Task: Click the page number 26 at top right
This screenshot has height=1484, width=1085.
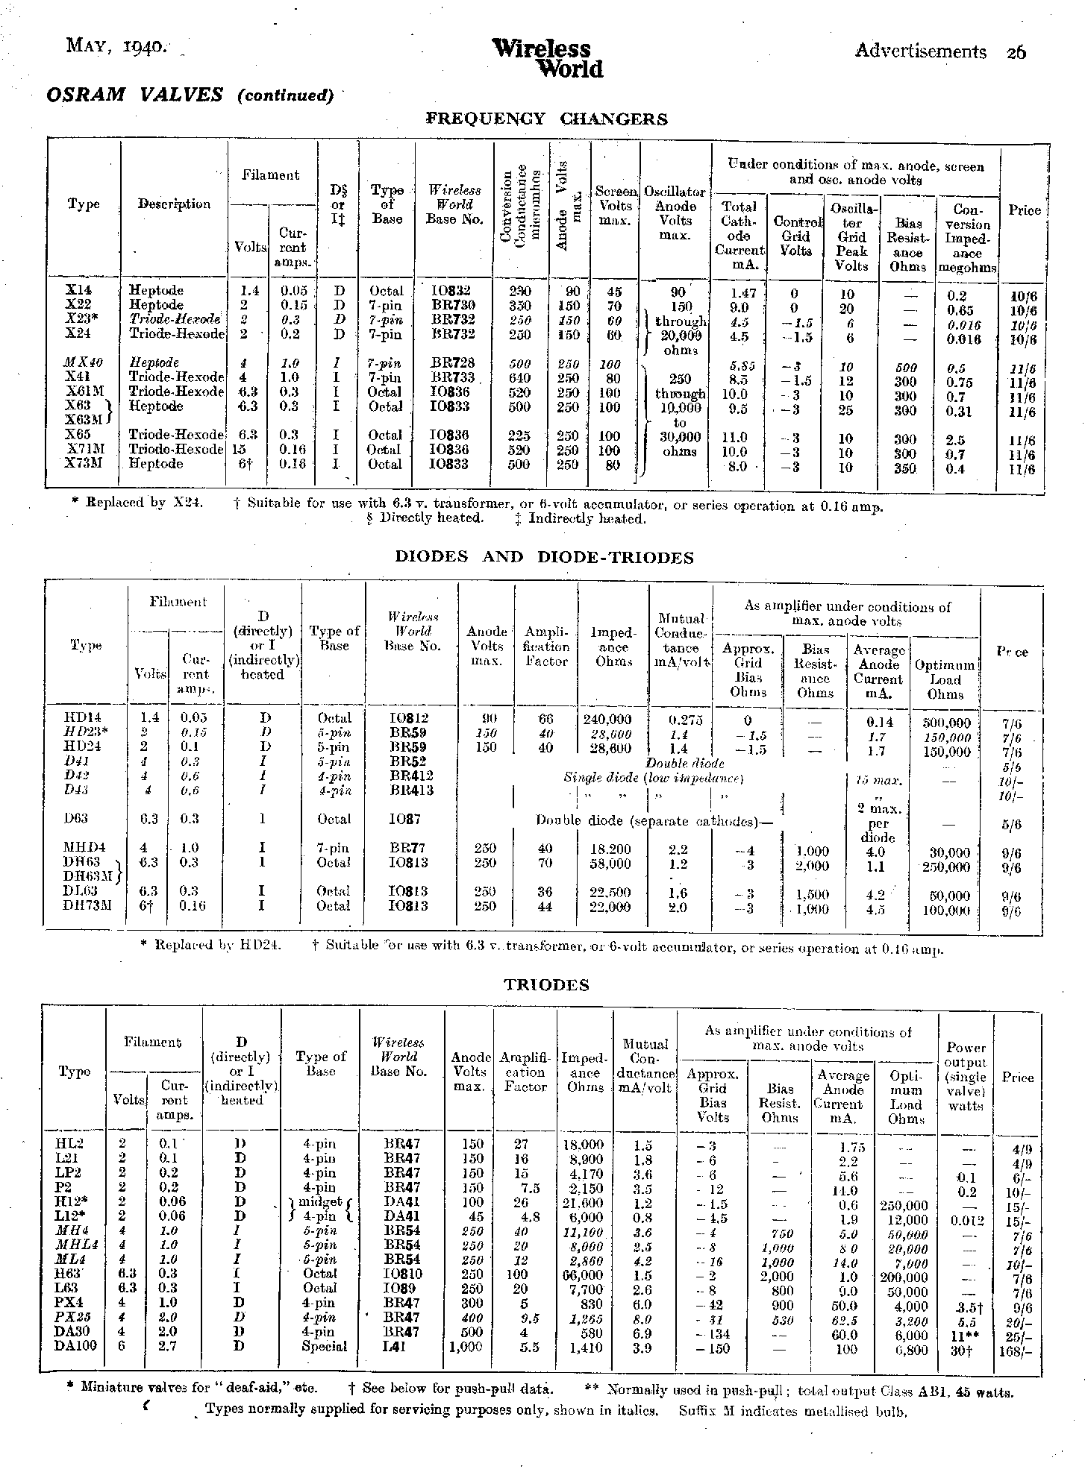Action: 1016,51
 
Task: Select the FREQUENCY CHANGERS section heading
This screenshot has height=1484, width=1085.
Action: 546,119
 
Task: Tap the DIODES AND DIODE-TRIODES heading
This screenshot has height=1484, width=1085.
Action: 542,557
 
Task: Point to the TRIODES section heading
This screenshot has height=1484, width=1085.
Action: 546,985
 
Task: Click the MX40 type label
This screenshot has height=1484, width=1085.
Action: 84,362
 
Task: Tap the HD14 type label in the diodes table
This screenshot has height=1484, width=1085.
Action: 84,718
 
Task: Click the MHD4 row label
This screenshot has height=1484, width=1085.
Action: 85,848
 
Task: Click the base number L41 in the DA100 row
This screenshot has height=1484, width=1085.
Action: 395,1348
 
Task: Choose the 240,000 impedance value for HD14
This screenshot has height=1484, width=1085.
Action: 607,719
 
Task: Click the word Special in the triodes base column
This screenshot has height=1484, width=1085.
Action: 325,1347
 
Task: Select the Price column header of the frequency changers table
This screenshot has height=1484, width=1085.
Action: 1024,210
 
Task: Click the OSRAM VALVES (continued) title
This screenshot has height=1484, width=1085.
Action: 190,95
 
